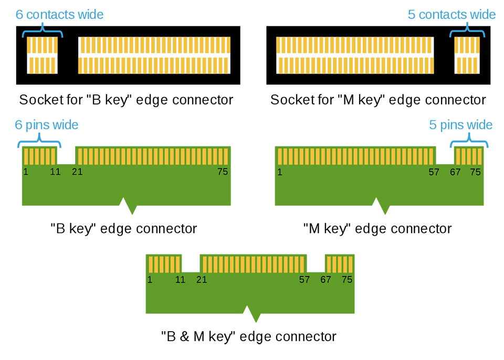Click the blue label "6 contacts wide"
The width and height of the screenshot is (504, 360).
[x=59, y=15]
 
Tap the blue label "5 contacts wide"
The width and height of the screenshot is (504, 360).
[x=451, y=14]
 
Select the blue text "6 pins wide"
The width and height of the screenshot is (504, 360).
[x=47, y=125]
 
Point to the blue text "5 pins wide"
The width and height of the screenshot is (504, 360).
[x=460, y=125]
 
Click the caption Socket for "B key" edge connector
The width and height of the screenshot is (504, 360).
[x=126, y=100]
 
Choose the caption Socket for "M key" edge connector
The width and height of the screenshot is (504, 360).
[x=378, y=100]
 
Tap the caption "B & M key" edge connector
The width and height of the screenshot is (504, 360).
[x=248, y=336]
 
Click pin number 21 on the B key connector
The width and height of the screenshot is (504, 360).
[x=77, y=172]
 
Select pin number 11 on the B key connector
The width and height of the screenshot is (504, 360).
[x=55, y=172]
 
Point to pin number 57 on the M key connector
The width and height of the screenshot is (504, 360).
[x=434, y=172]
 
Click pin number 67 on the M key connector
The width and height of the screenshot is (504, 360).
[x=455, y=172]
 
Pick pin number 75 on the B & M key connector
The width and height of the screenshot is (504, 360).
[x=346, y=280]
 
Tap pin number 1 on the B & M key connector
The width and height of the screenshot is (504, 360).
[x=150, y=280]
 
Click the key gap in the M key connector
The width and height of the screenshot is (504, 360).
[x=445, y=155]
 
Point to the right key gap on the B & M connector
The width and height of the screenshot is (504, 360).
[x=316, y=263]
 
